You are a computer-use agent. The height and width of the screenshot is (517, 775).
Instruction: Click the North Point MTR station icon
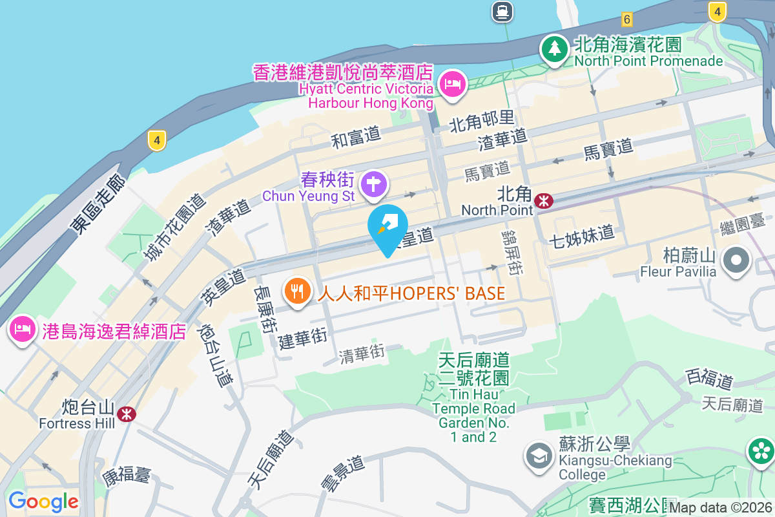pos(544,201)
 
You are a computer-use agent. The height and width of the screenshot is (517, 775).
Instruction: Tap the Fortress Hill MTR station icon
pos(127,414)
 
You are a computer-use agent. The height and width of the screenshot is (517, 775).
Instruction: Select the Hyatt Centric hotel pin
pos(453,84)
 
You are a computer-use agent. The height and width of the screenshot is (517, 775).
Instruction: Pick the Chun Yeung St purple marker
pos(373,184)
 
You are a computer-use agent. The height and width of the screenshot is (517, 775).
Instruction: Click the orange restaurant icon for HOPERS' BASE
pos(297,290)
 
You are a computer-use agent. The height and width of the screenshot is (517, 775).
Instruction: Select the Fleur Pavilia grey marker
pos(736,261)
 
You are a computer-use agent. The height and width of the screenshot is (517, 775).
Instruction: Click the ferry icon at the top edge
pos(502,11)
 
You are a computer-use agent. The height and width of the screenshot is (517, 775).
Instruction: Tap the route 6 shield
pos(626,19)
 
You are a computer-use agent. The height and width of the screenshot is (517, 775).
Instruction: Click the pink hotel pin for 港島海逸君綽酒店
pos(23,329)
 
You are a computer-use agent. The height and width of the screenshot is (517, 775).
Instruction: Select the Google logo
pos(43,501)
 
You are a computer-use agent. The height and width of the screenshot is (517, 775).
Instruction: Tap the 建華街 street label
pos(303,339)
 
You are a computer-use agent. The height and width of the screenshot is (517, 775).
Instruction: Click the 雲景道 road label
pos(342,473)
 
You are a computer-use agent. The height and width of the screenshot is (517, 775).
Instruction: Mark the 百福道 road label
pos(710,378)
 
